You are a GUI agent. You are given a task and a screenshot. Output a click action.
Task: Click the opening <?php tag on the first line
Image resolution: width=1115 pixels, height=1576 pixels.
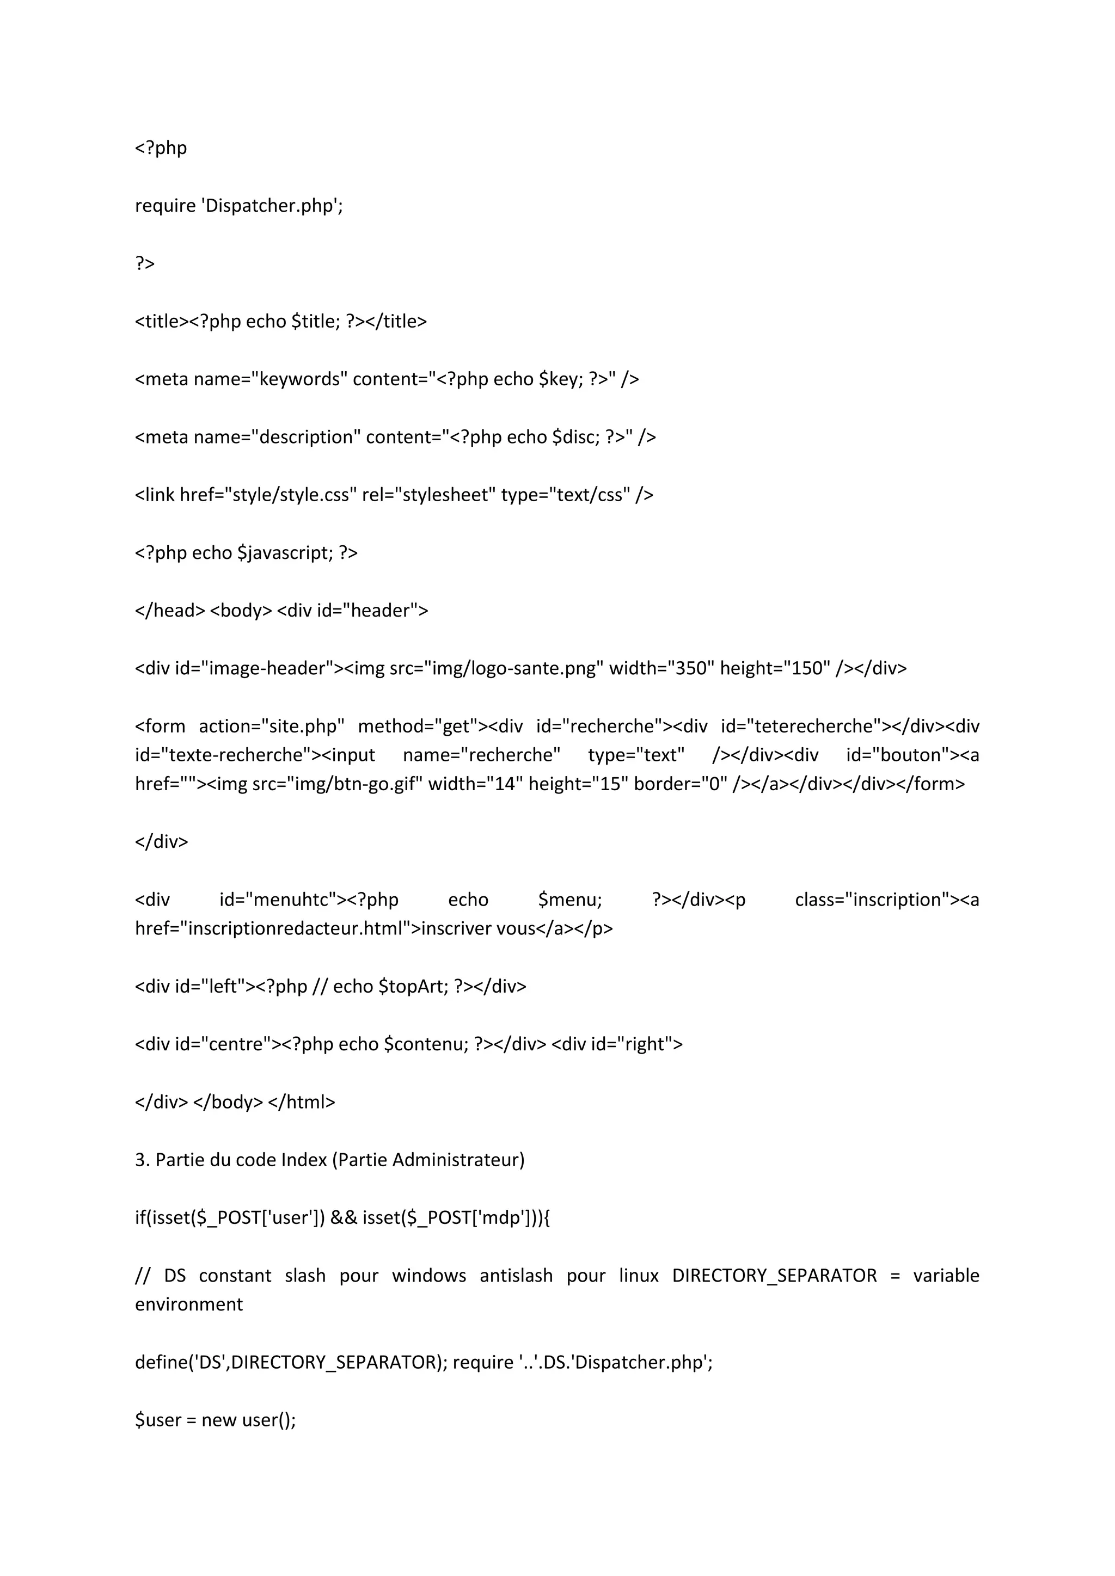click(x=161, y=148)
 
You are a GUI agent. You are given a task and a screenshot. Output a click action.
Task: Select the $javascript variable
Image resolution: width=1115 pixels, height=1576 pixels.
click(x=285, y=552)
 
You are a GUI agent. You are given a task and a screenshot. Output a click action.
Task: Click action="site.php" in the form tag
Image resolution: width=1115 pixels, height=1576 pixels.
click(x=271, y=726)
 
